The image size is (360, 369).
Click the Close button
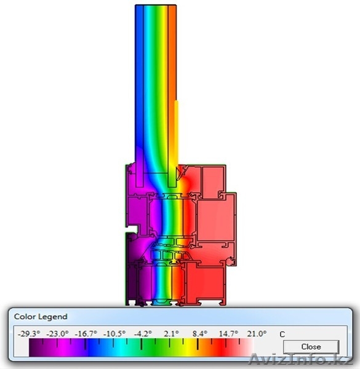(x=311, y=347)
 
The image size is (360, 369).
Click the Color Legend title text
(x=41, y=317)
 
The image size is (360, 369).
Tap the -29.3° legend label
(x=29, y=333)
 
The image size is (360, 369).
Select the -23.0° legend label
(x=57, y=333)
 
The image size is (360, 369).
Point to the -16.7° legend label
(x=86, y=333)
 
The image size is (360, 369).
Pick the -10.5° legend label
(x=114, y=333)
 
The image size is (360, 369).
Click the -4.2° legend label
(x=143, y=333)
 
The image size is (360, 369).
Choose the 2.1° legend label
(x=171, y=333)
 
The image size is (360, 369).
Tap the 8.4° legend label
(x=200, y=333)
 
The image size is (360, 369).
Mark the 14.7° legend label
(x=228, y=333)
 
